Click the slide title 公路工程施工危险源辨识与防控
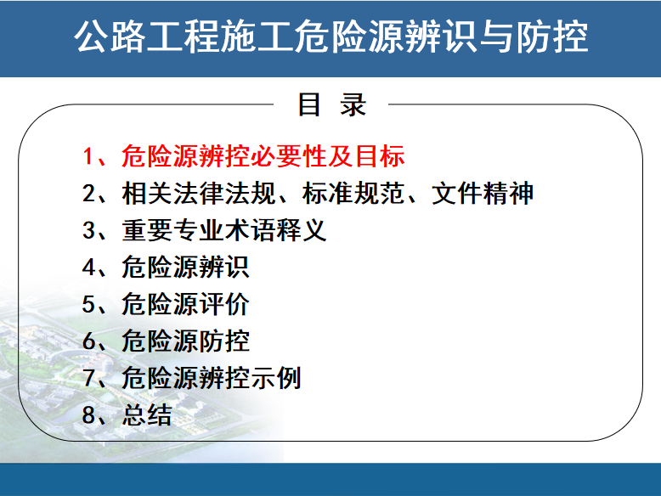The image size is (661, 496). [x=330, y=37]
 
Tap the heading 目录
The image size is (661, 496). [x=331, y=104]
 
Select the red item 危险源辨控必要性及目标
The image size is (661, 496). [x=263, y=156]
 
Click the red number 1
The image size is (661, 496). [x=88, y=156]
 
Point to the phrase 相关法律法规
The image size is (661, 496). [x=198, y=194]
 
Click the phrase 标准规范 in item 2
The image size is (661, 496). [x=353, y=194]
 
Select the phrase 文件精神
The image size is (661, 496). [x=483, y=194]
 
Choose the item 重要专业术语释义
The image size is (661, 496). [x=223, y=230]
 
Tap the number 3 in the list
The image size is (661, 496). [x=88, y=230]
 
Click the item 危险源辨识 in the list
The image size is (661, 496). [x=185, y=268]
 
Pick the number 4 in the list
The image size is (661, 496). [x=89, y=268]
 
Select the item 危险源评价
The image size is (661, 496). [x=185, y=304]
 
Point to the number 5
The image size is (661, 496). [x=88, y=304]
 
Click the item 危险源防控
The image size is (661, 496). [x=185, y=341]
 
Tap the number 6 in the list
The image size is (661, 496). [x=88, y=341]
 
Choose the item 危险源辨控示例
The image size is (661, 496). [x=212, y=378]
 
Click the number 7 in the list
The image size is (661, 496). [x=88, y=378]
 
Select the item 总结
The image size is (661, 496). [x=147, y=414]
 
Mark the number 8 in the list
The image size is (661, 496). [x=88, y=414]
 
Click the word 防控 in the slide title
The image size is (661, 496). [x=552, y=37]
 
